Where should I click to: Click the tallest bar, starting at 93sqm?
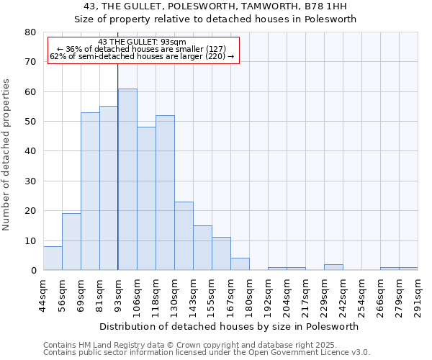(x=127, y=179)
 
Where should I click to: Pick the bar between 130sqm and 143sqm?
(x=184, y=236)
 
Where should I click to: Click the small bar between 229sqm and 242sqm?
(x=333, y=267)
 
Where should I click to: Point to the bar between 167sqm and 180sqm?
(x=240, y=264)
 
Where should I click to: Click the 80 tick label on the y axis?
(x=30, y=32)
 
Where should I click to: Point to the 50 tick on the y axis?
(x=30, y=122)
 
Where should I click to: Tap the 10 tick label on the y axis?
(x=30, y=240)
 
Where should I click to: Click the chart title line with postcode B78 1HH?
(x=215, y=6)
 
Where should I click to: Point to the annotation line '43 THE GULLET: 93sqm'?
(x=143, y=42)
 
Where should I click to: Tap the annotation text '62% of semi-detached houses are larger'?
(x=143, y=56)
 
